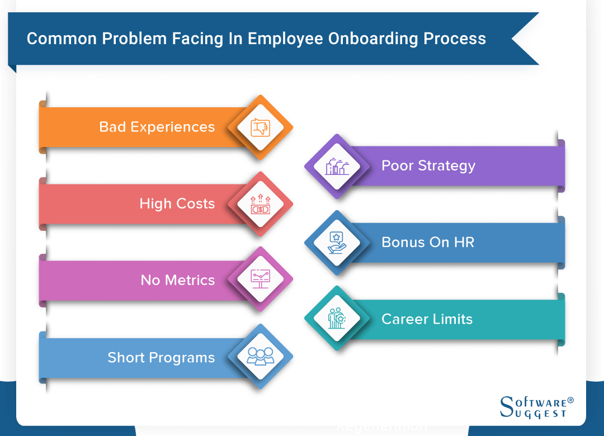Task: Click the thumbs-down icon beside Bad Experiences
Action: coord(261,127)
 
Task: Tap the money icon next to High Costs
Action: coord(261,204)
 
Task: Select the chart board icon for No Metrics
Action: coord(261,278)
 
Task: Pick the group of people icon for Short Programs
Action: coord(261,356)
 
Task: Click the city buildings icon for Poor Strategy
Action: coord(337,167)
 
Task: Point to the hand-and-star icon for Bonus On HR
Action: coord(337,243)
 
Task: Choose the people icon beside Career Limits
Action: coord(337,318)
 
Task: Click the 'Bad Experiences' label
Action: coord(157,127)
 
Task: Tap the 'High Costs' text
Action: coord(177,203)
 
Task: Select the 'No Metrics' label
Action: coord(178,280)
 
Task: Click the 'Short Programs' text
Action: coord(161,357)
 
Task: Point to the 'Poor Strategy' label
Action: coord(428,165)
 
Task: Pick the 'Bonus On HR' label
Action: coord(428,242)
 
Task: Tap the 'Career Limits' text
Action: coord(427,319)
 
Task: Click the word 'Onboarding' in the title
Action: coord(373,39)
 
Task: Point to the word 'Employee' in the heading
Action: coord(285,39)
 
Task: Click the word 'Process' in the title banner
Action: coord(455,39)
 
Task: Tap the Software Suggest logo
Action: coord(536,407)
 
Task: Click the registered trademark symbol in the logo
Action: coord(570,400)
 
